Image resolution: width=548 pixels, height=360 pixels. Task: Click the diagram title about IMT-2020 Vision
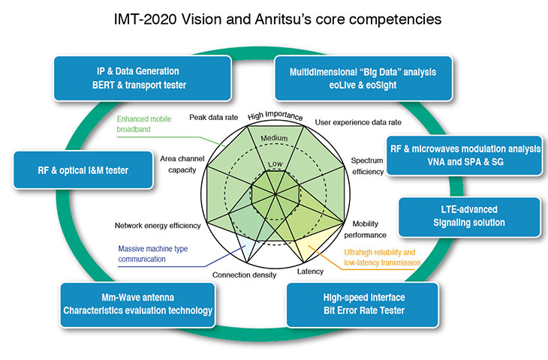coord(274,17)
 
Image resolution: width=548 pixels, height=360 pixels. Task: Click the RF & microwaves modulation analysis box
coord(464,156)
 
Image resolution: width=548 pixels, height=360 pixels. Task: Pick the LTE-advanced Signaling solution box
coord(469,216)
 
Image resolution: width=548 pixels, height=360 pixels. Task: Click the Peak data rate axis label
coord(212,117)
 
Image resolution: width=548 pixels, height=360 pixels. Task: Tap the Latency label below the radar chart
coord(311,271)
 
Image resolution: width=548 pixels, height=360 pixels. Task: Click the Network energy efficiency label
coord(158,226)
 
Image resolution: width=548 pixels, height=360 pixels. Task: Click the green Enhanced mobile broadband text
coord(146,124)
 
